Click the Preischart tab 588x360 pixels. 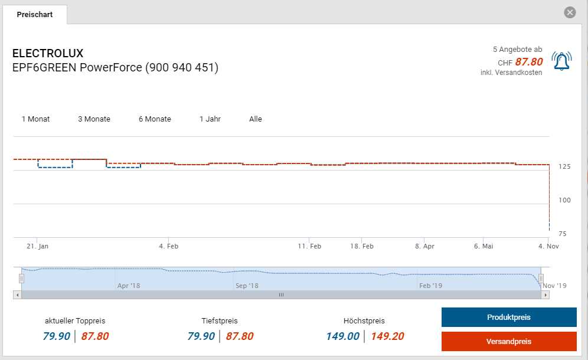click(35, 14)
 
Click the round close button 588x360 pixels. click(570, 12)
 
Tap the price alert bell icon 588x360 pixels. click(561, 61)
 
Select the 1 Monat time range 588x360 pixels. click(35, 119)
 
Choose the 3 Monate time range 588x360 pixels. click(94, 119)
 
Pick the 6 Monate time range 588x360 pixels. click(155, 119)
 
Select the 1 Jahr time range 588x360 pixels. click(210, 119)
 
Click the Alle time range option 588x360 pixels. click(256, 119)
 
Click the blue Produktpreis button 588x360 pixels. click(508, 318)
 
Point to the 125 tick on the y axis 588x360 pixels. click(564, 167)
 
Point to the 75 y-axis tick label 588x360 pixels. click(562, 234)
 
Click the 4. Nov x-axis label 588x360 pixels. click(548, 246)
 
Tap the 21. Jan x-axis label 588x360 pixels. click(38, 246)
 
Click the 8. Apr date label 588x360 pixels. click(424, 246)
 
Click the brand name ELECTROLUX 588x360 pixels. click(48, 54)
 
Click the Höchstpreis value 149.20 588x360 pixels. click(387, 336)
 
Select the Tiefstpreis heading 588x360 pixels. click(220, 321)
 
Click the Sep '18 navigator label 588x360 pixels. click(247, 286)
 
